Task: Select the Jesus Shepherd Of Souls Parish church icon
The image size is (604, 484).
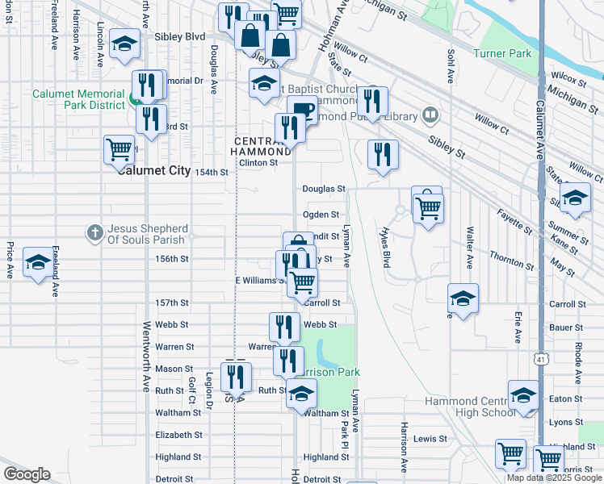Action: pos(95,232)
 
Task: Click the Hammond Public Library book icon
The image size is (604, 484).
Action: pos(431,116)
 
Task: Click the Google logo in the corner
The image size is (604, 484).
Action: pos(27,474)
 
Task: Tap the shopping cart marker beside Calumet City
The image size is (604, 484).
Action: pos(119,149)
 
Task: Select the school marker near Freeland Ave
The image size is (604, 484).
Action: pos(38,263)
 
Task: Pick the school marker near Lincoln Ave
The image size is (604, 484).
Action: pos(124,45)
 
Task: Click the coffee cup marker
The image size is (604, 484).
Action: pos(302,111)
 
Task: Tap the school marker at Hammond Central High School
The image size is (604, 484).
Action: pos(523,396)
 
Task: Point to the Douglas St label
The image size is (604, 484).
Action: pos(324,189)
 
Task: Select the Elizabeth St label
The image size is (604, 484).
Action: pos(178,435)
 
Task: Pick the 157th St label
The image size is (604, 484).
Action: pos(172,303)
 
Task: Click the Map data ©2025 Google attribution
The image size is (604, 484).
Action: pos(555,478)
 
